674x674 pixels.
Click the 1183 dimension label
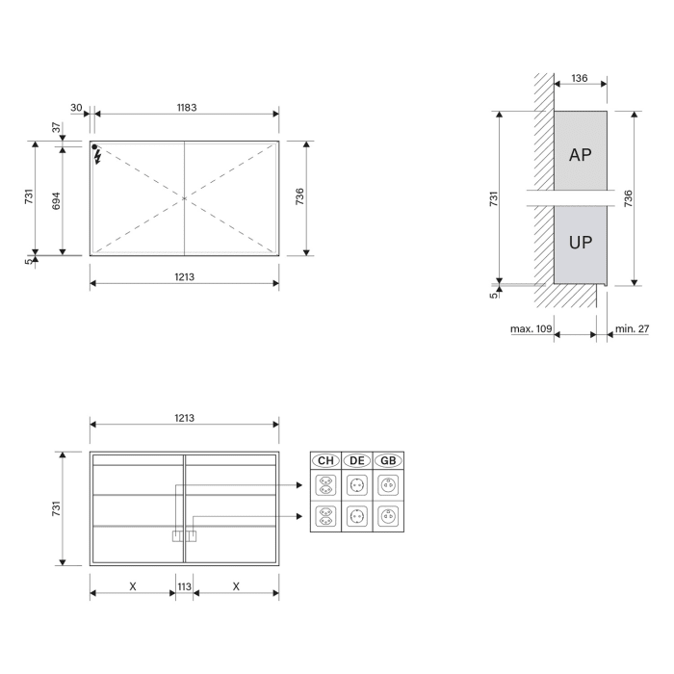186,107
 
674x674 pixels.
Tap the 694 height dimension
56,200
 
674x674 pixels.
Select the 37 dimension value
56,127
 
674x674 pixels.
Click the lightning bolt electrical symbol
98,158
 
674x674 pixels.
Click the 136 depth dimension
580,79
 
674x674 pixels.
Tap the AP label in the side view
580,154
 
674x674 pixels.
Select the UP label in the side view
580,243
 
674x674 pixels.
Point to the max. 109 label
531,329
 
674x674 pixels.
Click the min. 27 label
632,329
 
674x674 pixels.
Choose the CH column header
325,461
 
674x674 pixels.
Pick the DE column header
357,461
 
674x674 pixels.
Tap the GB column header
388,461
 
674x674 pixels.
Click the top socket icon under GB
388,484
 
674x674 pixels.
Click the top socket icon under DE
357,484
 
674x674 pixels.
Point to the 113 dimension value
184,585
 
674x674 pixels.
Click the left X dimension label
132,585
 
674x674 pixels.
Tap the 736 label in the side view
628,198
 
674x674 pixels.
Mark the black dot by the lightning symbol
95,147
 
